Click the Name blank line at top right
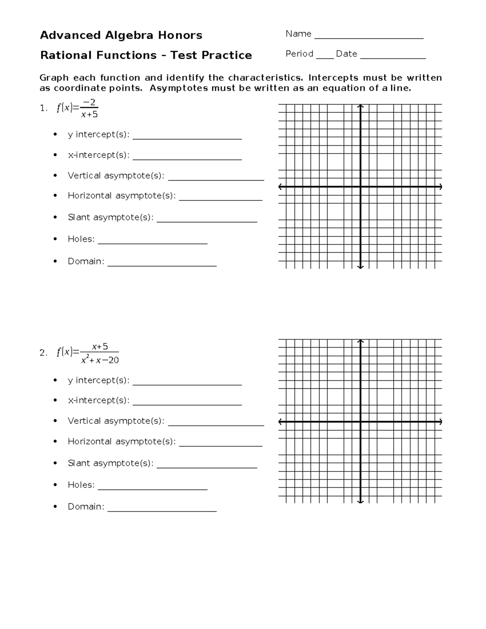(369, 38)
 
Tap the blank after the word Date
(393, 58)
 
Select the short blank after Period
(325, 58)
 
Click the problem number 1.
(43, 108)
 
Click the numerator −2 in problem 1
(89, 102)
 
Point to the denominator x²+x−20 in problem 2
(100, 360)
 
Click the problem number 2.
(43, 353)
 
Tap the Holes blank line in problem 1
(153, 243)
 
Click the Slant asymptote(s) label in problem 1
(111, 217)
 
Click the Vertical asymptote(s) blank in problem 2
(216, 425)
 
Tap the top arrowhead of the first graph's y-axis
(360, 106)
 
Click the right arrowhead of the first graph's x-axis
(440, 187)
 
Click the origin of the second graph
(360, 422)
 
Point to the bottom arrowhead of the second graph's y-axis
(360, 501)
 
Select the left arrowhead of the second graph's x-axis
(280, 422)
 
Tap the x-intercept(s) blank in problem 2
(187, 404)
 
